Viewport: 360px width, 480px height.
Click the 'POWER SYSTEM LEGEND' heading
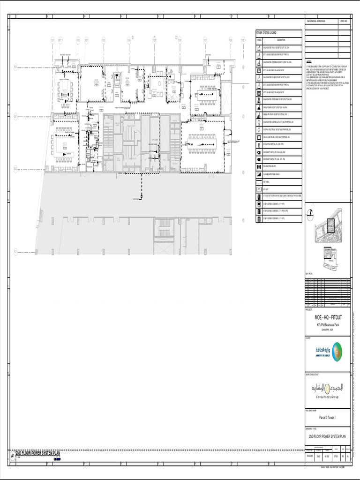pyautogui.click(x=267, y=33)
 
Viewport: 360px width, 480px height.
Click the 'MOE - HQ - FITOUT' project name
pyautogui.click(x=328, y=317)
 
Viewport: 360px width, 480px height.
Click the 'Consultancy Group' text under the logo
pyautogui.click(x=328, y=397)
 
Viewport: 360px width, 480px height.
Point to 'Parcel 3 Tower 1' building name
pyautogui.click(x=328, y=417)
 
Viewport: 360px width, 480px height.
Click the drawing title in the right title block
pyautogui.click(x=328, y=436)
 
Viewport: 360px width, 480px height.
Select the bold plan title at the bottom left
pyautogui.click(x=38, y=453)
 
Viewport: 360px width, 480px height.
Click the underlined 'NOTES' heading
pyautogui.click(x=309, y=62)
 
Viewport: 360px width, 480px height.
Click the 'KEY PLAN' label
pyautogui.click(x=309, y=272)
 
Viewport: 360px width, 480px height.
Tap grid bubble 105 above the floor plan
pyautogui.click(x=154, y=40)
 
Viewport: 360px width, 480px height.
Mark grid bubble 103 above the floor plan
pyautogui.click(x=104, y=40)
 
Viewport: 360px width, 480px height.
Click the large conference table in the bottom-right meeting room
pyautogui.click(x=203, y=138)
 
